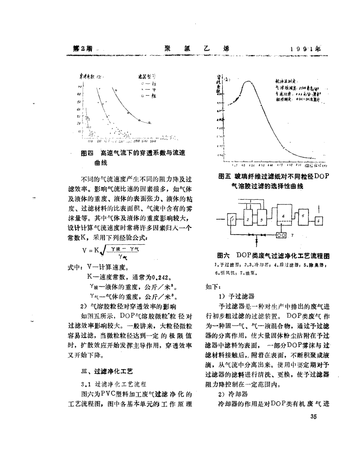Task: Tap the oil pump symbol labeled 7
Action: (x=282, y=235)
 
